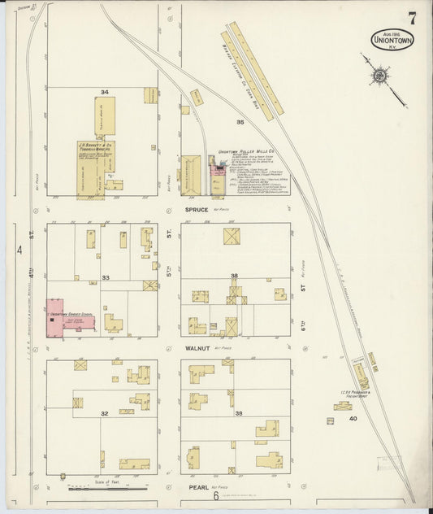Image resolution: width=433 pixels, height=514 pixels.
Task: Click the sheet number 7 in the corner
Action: tap(413, 18)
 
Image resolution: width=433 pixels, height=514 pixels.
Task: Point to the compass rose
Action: tap(379, 77)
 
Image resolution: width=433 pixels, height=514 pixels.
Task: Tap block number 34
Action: tap(104, 92)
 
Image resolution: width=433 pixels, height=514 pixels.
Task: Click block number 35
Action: tap(240, 121)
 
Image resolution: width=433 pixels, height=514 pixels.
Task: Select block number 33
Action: tap(106, 278)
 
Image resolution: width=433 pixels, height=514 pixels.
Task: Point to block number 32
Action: tap(104, 413)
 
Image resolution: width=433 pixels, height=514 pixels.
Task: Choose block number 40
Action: tap(353, 418)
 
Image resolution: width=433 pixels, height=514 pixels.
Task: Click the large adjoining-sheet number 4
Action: tap(18, 250)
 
